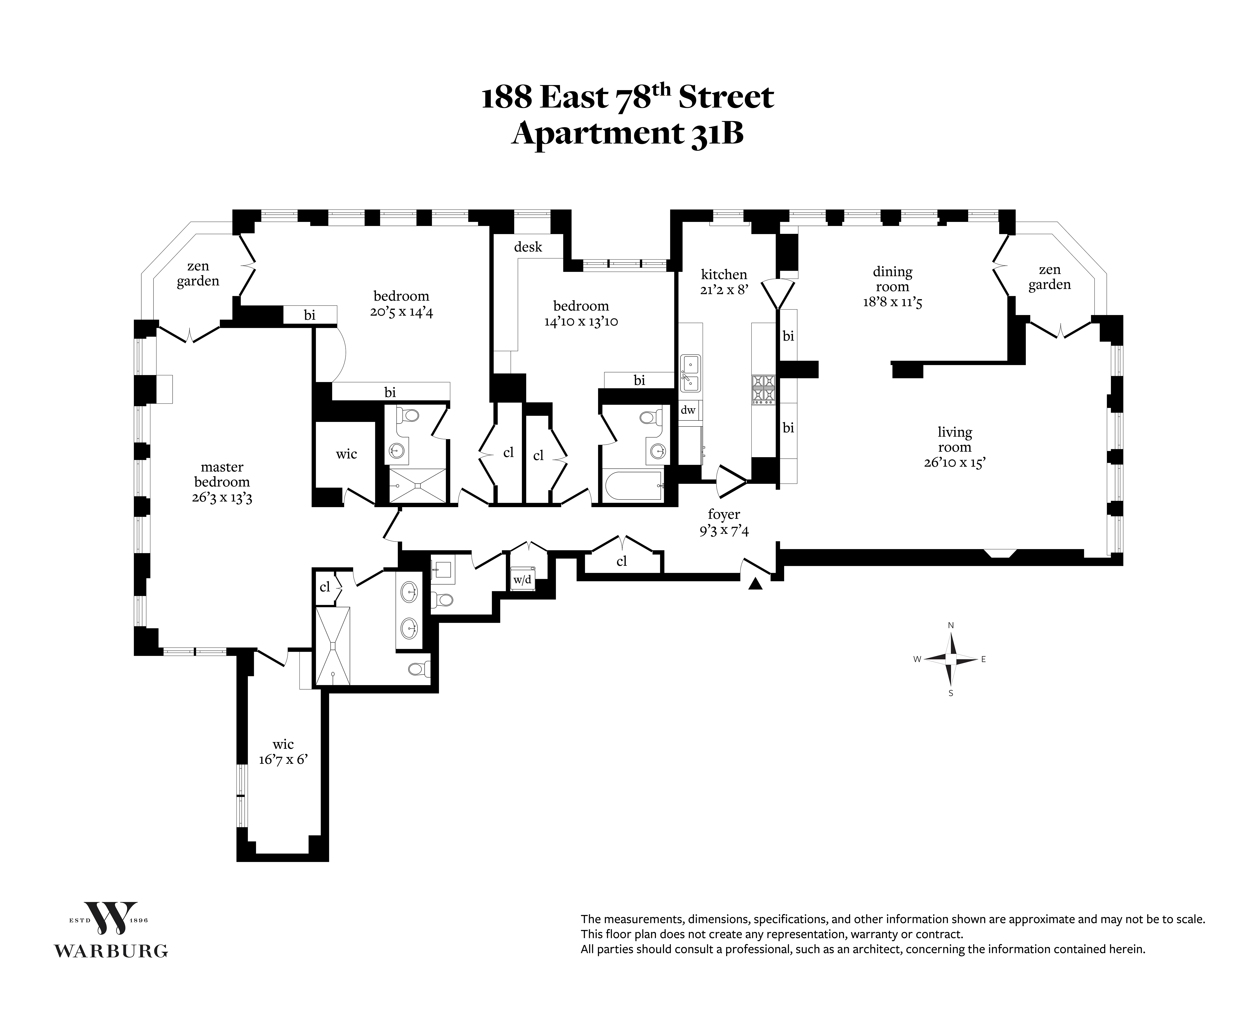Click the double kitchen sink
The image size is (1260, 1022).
tap(690, 373)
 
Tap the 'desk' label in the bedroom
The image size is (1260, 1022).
tap(528, 247)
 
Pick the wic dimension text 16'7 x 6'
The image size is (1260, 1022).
tap(283, 759)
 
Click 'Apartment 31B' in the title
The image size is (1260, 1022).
tap(627, 133)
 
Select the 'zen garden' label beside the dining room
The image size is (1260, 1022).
tap(1050, 277)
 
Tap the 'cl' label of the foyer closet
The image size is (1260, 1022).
tap(621, 562)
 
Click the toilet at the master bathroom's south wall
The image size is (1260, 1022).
tap(419, 669)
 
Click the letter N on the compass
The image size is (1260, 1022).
tap(951, 625)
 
